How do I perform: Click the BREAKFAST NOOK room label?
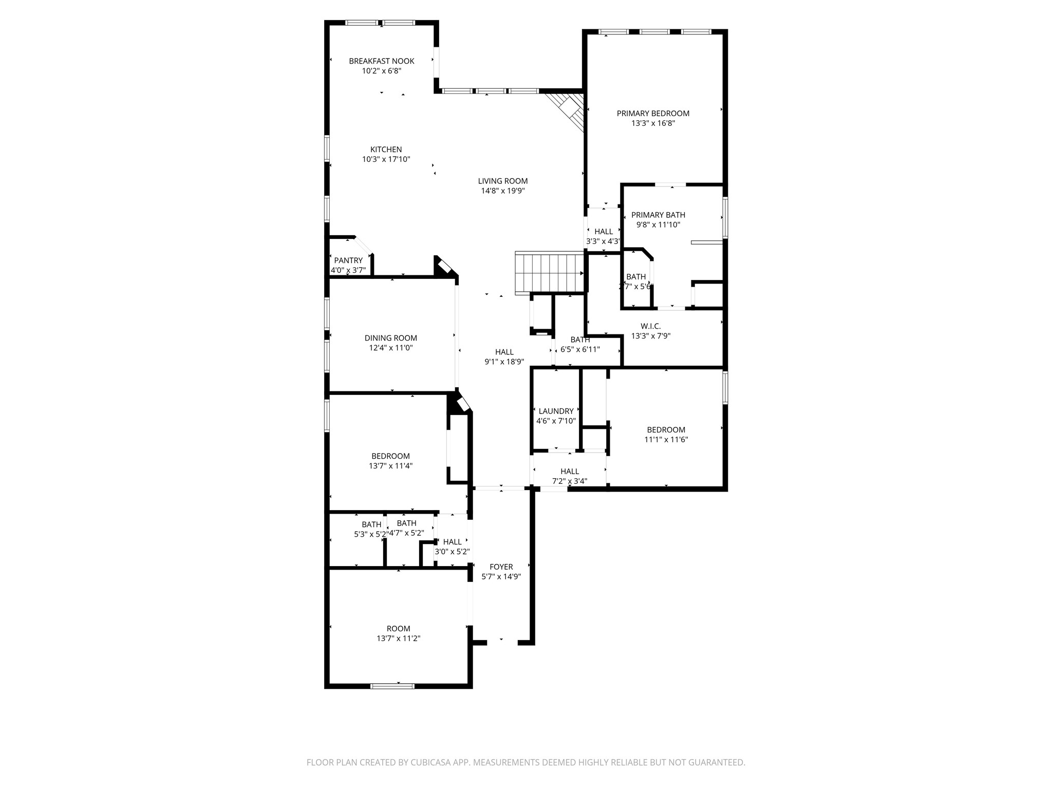[381, 61]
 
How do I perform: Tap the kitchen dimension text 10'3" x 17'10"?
[386, 160]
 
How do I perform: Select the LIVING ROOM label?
[502, 181]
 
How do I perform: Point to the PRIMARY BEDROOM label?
[653, 114]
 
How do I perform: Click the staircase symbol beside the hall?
[549, 272]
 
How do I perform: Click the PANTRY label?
[348, 260]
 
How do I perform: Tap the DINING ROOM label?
[390, 338]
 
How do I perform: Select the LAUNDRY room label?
[556, 411]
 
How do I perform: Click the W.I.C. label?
[650, 326]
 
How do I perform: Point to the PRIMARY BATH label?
[658, 215]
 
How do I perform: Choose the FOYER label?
[501, 567]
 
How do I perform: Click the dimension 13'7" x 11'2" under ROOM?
[398, 638]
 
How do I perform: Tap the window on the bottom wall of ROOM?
[392, 685]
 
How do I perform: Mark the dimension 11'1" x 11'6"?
[666, 440]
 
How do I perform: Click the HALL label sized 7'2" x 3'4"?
[570, 471]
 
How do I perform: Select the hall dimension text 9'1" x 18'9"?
[504, 362]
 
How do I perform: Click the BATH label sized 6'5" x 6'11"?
[580, 340]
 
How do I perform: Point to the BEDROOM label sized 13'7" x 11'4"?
[390, 456]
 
